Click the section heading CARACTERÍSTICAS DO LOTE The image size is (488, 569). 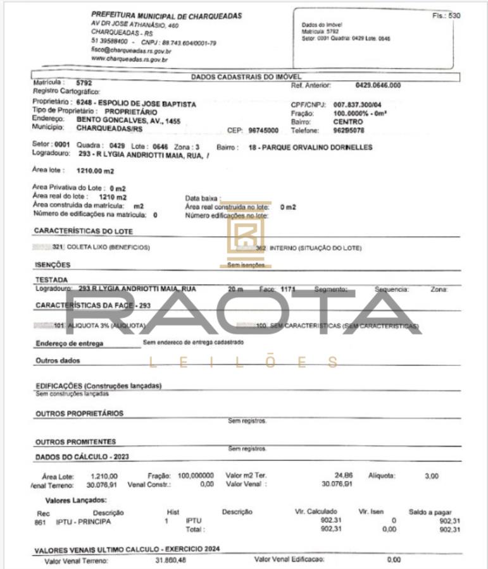click(x=84, y=231)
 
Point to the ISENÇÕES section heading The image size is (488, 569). click(x=53, y=265)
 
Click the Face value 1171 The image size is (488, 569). click(x=289, y=289)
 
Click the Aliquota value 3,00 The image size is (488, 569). click(x=431, y=475)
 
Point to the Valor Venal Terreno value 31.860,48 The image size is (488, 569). click(x=172, y=560)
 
